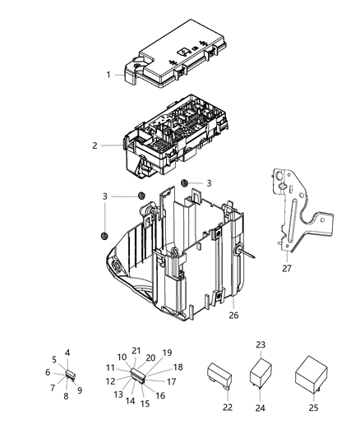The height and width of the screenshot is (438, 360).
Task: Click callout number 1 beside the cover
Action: [x=108, y=76]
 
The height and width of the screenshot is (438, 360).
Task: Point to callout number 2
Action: [x=95, y=145]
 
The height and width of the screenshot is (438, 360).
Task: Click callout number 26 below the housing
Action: [x=233, y=314]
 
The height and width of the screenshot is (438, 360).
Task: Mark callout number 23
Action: [x=261, y=345]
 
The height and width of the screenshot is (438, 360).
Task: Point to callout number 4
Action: [x=68, y=353]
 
